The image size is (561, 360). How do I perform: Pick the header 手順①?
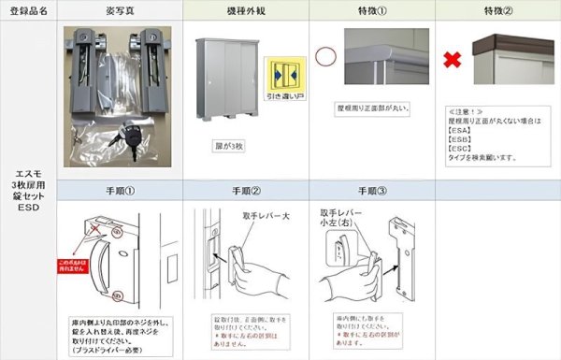[120, 190]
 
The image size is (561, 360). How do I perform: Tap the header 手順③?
[371, 190]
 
